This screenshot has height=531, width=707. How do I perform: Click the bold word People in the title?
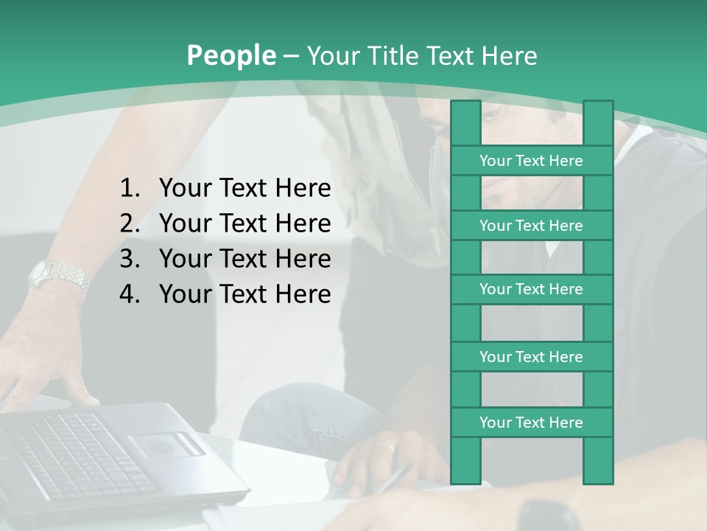point(231,55)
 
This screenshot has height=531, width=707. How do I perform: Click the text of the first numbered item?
point(245,189)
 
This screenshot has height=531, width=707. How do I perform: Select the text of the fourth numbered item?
point(245,294)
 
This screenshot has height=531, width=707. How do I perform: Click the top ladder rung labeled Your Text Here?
point(531,161)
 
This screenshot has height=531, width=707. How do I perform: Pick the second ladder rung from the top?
point(531,226)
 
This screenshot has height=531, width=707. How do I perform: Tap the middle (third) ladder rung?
point(531,290)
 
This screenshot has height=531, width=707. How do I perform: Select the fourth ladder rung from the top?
point(531,357)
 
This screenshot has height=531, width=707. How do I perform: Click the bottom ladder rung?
point(531,423)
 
